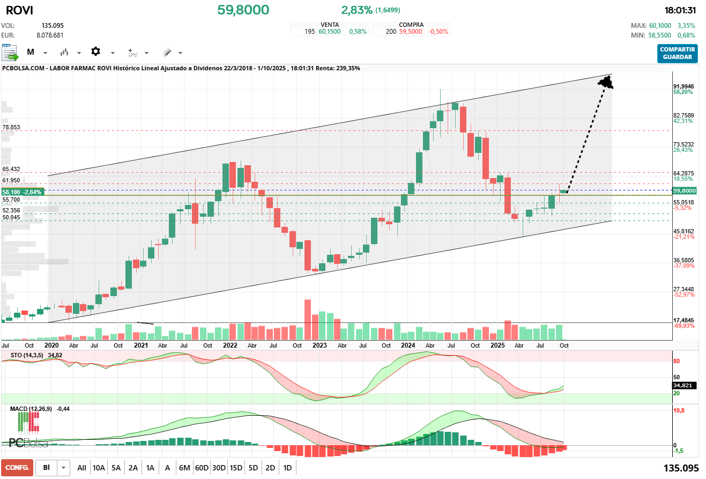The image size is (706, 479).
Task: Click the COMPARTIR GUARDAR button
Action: [678, 53]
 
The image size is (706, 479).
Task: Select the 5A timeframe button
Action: [116, 468]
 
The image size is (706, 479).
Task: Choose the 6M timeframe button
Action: [184, 468]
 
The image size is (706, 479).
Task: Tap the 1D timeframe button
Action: [287, 468]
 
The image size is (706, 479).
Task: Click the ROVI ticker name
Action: [19, 10]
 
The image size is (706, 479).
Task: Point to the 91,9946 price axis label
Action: [683, 86]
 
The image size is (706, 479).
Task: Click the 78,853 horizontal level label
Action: [11, 128]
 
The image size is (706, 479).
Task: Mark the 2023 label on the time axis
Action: [319, 345]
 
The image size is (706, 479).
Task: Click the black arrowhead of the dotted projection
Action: [606, 83]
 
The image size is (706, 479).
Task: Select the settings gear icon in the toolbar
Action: [95, 51]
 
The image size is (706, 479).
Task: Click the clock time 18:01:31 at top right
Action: [680, 10]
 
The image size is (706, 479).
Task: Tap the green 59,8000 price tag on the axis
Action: [685, 190]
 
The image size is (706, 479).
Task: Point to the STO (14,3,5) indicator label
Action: [27, 355]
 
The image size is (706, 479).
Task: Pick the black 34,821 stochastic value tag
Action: [684, 385]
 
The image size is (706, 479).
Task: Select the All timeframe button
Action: [81, 468]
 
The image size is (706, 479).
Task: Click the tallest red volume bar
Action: [308, 319]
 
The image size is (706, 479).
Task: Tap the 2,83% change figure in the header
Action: [356, 10]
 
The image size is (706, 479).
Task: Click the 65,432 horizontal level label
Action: [11, 169]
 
